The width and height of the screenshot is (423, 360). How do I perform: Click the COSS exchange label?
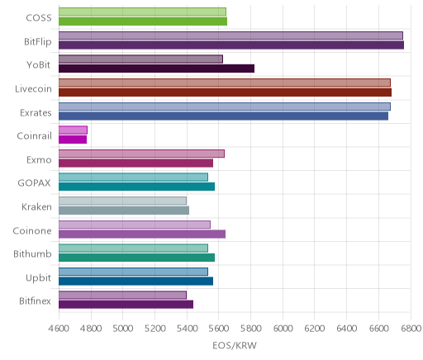pyautogui.click(x=39, y=18)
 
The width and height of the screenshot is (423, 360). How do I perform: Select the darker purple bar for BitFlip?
pyautogui.click(x=231, y=45)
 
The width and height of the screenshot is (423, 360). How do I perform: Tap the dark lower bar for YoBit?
pyautogui.click(x=156, y=69)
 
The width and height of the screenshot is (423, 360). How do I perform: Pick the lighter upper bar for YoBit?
pyautogui.click(x=140, y=59)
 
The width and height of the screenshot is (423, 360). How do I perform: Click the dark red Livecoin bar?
pyautogui.click(x=225, y=92)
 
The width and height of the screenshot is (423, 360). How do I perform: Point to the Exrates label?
pyautogui.click(x=36, y=113)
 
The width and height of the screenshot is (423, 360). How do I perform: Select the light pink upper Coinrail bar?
pyautogui.click(x=73, y=130)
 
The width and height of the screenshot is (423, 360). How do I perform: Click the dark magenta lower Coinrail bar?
pyautogui.click(x=73, y=140)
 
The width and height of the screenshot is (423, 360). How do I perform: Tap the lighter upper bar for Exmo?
pyautogui.click(x=141, y=154)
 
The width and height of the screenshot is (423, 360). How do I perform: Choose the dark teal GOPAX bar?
pyautogui.click(x=136, y=187)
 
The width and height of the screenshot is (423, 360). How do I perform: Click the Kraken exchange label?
pyautogui.click(x=36, y=207)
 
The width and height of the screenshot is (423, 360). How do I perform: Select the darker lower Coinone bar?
pyautogui.click(x=142, y=234)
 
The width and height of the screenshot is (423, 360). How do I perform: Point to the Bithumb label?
pyautogui.click(x=32, y=253)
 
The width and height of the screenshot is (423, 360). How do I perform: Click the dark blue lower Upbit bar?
pyautogui.click(x=135, y=282)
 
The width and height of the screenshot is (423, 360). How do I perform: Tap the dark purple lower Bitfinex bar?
pyautogui.click(x=126, y=305)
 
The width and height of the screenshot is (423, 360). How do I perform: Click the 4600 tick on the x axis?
pyautogui.click(x=59, y=329)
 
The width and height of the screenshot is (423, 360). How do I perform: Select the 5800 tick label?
pyautogui.click(x=250, y=329)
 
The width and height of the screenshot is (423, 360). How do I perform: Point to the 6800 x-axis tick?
pyautogui.click(x=411, y=329)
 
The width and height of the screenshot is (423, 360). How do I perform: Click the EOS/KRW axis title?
pyautogui.click(x=235, y=345)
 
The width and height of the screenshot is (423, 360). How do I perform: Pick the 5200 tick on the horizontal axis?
pyautogui.click(x=154, y=329)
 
